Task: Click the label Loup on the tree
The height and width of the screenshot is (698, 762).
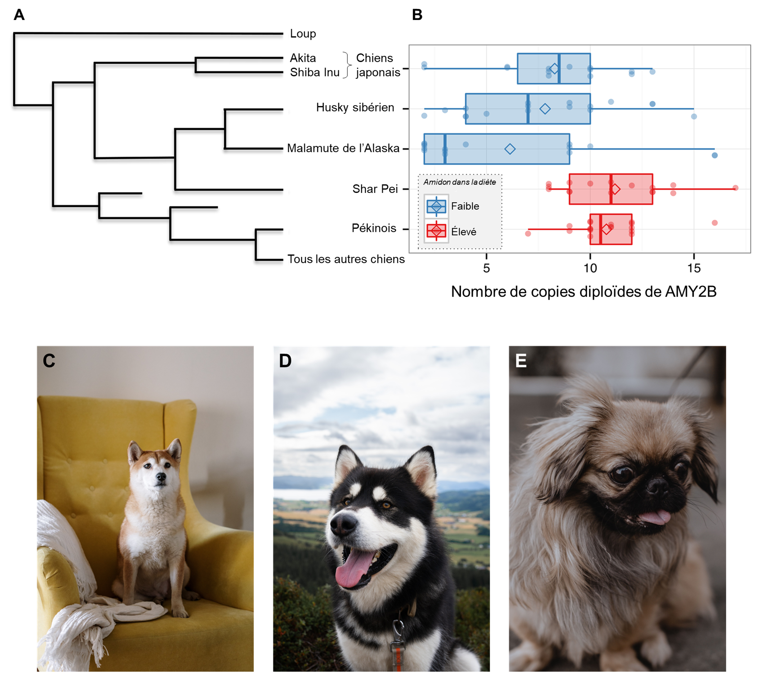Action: tap(303, 34)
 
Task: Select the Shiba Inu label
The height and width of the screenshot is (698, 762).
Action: tap(315, 72)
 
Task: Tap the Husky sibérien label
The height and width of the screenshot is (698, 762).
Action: tap(355, 107)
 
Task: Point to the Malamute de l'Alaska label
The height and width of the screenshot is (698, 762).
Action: tap(343, 148)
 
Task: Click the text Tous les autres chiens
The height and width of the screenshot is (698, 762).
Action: tap(346, 259)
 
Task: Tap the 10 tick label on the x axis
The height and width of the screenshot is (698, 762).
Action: tap(590, 268)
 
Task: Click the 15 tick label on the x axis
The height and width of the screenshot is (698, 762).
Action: tap(694, 268)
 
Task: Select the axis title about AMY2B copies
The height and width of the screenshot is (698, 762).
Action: tap(584, 292)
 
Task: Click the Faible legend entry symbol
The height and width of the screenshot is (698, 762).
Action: tap(436, 206)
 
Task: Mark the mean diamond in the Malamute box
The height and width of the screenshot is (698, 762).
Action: tap(510, 149)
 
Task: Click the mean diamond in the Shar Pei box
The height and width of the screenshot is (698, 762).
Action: tap(615, 189)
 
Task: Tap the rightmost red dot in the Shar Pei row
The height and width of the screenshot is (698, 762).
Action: tap(735, 188)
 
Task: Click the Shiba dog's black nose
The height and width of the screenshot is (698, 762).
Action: tap(161, 477)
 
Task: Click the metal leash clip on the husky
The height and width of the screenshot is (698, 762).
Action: tap(398, 631)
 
